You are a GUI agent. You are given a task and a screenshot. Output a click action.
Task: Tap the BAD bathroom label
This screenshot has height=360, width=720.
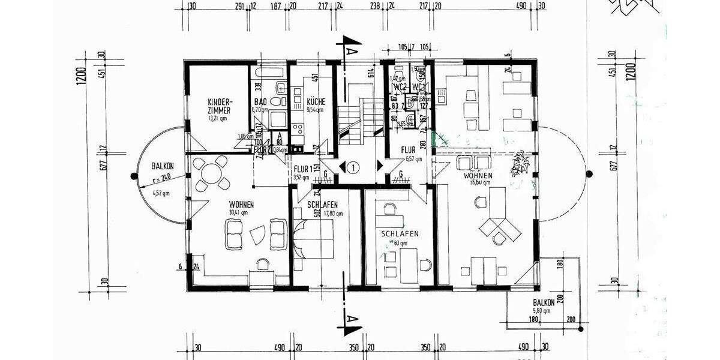260,102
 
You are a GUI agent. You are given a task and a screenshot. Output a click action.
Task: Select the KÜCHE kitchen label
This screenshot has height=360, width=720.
316,102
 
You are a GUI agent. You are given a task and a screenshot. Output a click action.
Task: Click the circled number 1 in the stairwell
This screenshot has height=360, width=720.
354,168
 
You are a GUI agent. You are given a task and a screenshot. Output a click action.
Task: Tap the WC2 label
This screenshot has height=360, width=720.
400,88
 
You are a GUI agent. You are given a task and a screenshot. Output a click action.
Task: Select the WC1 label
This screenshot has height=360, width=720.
418,88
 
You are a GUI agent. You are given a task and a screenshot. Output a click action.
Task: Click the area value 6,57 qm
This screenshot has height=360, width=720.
413,159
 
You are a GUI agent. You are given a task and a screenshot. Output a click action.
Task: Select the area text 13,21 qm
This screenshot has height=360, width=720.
217,118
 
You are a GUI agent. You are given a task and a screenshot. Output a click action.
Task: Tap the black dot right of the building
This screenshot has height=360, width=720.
589,175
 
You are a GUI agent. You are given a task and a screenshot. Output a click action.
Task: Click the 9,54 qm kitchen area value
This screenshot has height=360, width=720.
316,110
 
